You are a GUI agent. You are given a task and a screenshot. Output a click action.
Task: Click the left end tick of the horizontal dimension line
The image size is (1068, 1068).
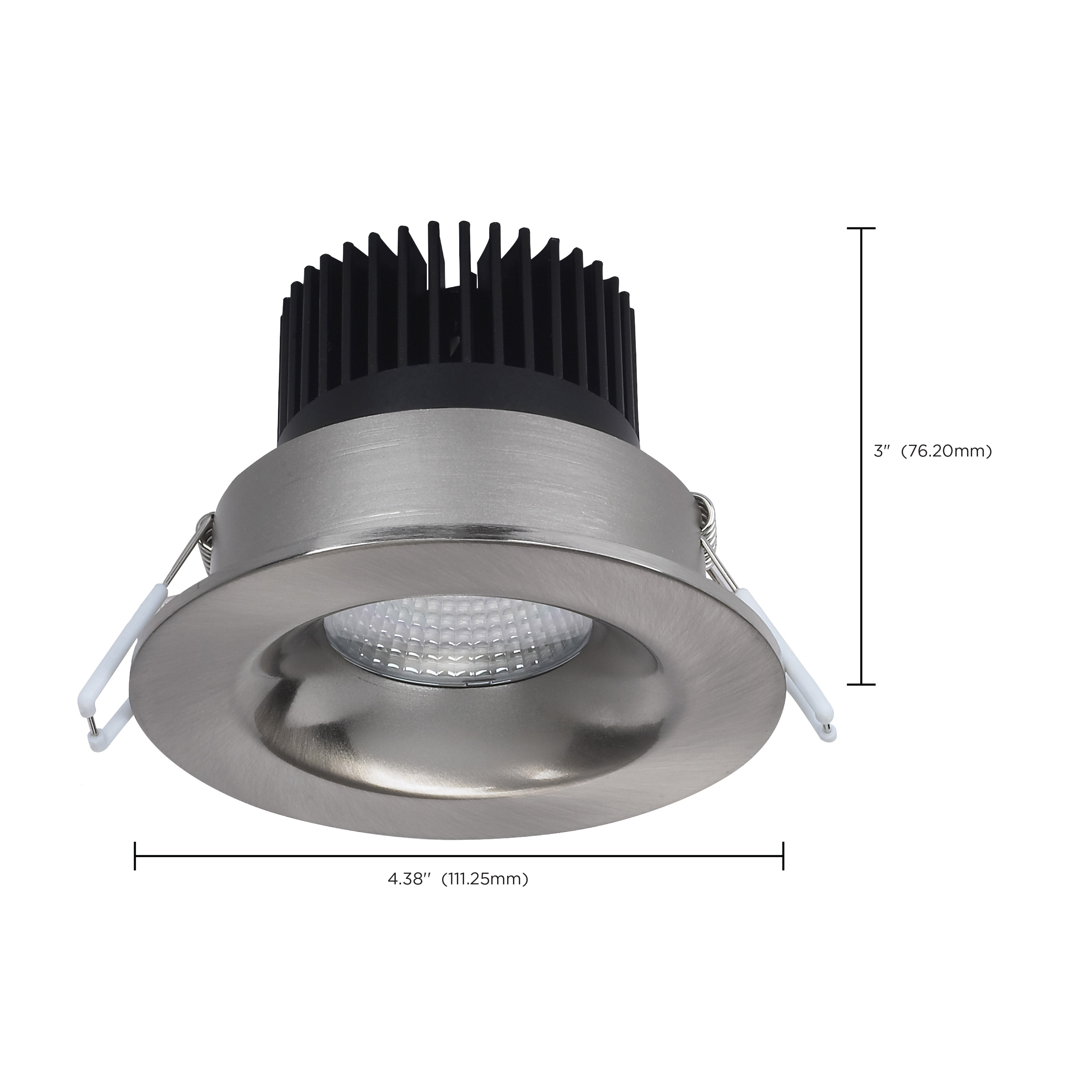pyautogui.click(x=135, y=856)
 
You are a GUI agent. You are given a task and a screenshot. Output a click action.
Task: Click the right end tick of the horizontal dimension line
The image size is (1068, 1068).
pyautogui.click(x=783, y=856)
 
